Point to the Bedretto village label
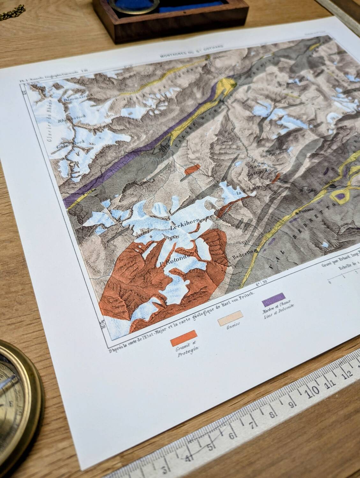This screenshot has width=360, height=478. pos(243,255)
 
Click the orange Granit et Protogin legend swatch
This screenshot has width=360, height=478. pos(184,338)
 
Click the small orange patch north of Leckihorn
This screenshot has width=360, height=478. pos(192,169)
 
